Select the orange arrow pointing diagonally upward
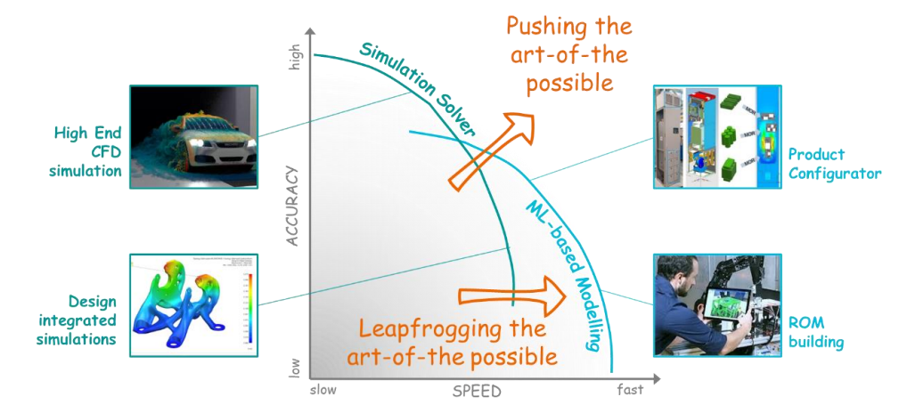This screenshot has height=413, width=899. (x=487, y=152)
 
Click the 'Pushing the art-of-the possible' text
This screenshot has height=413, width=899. (x=570, y=55)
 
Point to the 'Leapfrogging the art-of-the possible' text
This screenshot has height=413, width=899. (x=458, y=342)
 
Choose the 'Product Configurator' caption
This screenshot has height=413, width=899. (x=834, y=164)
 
